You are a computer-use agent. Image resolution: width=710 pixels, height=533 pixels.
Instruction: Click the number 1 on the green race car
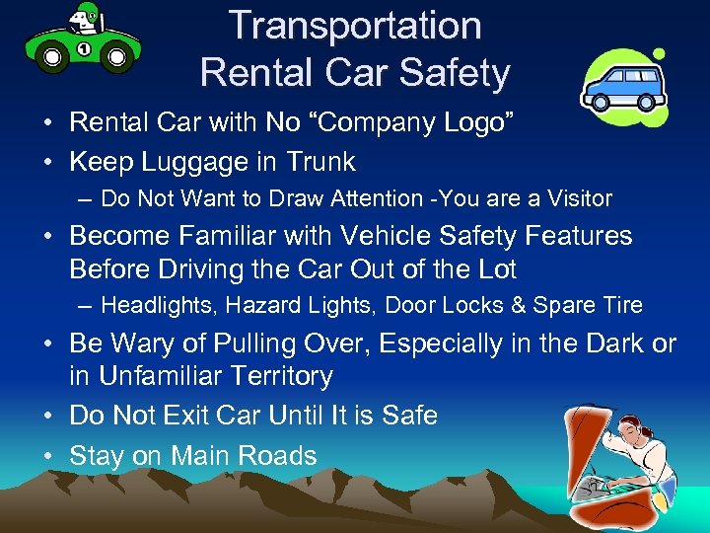84,47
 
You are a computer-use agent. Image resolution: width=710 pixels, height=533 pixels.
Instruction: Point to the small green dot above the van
659,53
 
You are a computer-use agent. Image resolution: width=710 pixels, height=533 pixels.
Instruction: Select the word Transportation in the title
355,26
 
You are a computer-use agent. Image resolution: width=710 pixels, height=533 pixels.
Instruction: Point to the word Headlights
157,305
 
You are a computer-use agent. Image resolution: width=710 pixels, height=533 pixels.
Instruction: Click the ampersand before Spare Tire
519,305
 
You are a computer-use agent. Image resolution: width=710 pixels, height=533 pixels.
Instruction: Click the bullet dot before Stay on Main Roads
48,456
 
